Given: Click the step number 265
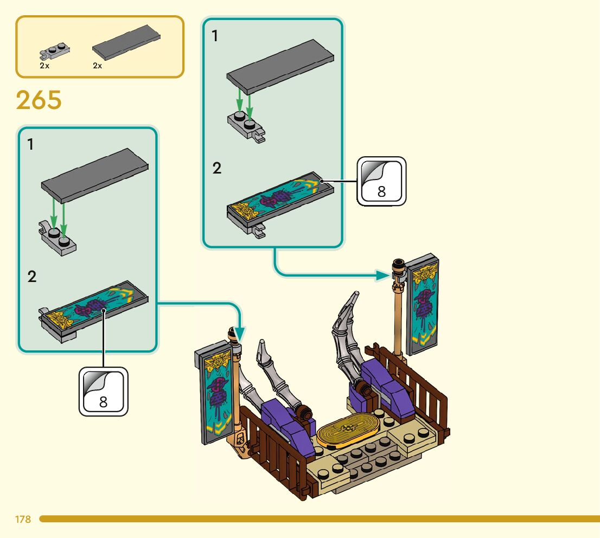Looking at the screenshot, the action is [x=39, y=100].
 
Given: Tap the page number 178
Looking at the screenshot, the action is [x=23, y=520].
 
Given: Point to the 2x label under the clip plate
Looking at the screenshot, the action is [x=44, y=66].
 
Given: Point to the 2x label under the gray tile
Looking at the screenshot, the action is [x=98, y=66].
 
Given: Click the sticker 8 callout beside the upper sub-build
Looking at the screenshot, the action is [x=381, y=182].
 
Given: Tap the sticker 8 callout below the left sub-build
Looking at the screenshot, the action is [x=104, y=392].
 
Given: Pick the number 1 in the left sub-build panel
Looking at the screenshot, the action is [x=31, y=145].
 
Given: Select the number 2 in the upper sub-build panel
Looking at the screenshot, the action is [x=217, y=168].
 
